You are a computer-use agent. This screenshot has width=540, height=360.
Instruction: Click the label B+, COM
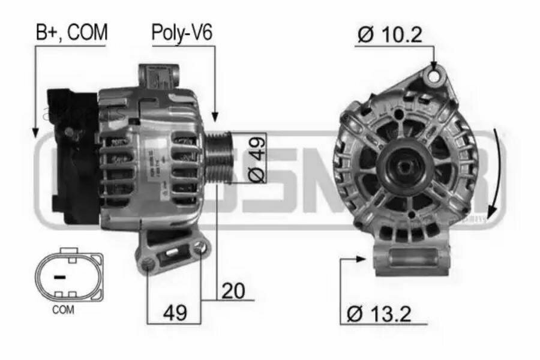(x=71, y=33)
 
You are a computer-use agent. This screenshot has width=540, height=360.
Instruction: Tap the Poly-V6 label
(x=181, y=33)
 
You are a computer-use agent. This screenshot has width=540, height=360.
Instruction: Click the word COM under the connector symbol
(x=64, y=310)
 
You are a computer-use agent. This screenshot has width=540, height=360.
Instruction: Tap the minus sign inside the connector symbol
(x=59, y=277)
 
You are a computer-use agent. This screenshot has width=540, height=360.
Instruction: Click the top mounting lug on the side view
(x=159, y=79)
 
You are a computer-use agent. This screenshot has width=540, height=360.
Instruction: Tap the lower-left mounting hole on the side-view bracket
(x=148, y=263)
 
